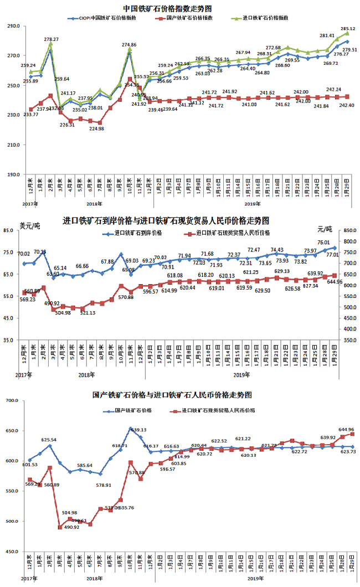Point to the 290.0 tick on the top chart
pyautogui.click(x=13, y=26)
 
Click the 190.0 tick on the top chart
pyautogui.click(x=13, y=174)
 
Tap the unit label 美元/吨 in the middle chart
pyautogui.click(x=30, y=225)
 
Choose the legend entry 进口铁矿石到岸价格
pyautogui.click(x=138, y=233)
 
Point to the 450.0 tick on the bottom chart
pyautogui.click(x=12, y=552)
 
